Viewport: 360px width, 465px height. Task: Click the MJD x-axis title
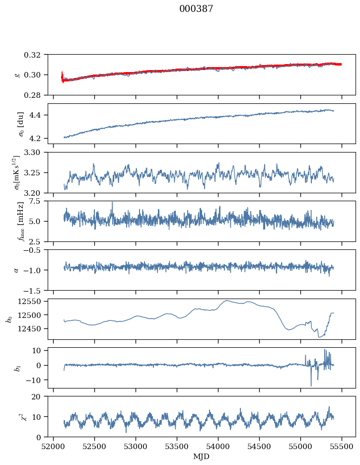[x=202, y=457]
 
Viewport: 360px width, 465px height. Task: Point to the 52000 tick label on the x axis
[x=54, y=446]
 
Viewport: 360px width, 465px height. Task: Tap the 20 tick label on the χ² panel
[x=39, y=396]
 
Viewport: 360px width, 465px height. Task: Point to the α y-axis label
[x=16, y=270]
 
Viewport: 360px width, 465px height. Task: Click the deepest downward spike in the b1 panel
[x=311, y=386]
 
